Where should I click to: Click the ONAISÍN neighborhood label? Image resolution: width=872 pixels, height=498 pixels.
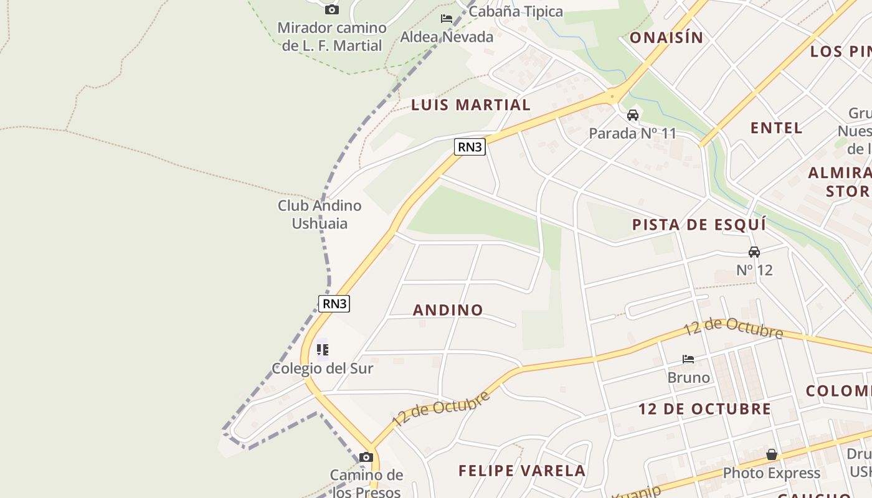point(666,38)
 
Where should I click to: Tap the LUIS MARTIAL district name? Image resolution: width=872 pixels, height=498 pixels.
point(471,105)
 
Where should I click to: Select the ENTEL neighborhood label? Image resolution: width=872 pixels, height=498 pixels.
point(776,128)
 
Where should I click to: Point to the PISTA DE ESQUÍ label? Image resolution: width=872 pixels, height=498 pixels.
point(699,225)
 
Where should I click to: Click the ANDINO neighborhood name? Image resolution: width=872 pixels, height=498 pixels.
point(448,310)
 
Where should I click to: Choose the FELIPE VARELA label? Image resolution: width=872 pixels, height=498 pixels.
point(522,471)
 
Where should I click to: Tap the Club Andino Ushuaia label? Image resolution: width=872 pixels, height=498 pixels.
point(320,214)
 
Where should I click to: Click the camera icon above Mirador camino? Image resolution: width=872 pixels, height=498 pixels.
point(332,9)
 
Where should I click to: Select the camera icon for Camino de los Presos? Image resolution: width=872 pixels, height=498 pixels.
point(366,458)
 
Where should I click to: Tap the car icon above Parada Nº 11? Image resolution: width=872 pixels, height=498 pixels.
point(633,115)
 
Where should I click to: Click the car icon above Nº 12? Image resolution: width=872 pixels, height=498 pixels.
point(754,252)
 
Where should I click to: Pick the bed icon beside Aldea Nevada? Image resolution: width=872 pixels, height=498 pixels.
point(447,19)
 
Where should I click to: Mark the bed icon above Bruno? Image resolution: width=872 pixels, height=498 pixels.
point(688,359)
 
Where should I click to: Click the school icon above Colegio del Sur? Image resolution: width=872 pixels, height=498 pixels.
point(323,350)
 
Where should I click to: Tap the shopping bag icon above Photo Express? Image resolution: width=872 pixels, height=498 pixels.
point(772,454)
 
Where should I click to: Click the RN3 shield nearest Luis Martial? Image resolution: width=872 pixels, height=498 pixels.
point(470,147)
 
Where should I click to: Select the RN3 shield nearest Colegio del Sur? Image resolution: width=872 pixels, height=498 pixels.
point(334,304)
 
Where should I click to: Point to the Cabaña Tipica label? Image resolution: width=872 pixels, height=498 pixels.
point(516,11)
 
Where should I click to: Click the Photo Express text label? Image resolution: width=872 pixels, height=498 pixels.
point(771,473)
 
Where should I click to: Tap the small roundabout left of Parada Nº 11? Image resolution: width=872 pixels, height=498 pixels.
point(613,96)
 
